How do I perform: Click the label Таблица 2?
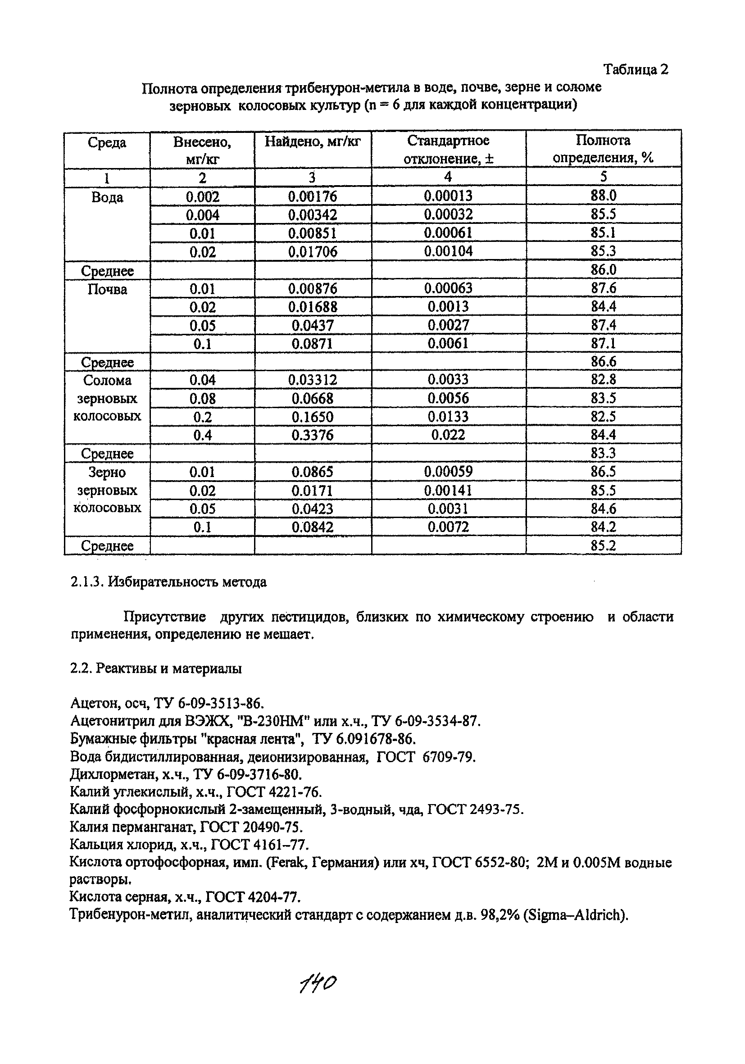coord(635,69)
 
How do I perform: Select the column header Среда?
coord(107,143)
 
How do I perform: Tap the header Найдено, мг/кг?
coord(312,141)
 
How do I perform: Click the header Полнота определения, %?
coord(603,149)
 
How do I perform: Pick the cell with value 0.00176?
coord(312,196)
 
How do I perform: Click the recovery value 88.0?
coord(603,196)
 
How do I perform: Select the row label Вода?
coord(107,197)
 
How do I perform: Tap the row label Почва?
coord(107,289)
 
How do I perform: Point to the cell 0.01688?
coord(312,307)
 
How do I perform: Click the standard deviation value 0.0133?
coord(448,417)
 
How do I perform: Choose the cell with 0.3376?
coord(312,435)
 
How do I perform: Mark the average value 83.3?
coord(603,453)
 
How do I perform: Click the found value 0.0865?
coord(312,472)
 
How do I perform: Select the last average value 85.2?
coord(603,546)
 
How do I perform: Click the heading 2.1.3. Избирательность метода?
coord(168,582)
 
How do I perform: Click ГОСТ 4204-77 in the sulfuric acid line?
coord(253,898)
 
